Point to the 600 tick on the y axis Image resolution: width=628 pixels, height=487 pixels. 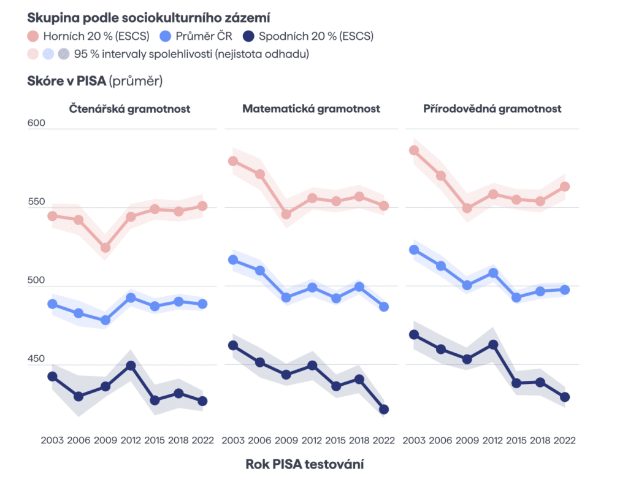click(37, 124)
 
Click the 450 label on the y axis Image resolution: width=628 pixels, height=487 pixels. click(37, 359)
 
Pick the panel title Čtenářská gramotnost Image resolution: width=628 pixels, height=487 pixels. click(129, 109)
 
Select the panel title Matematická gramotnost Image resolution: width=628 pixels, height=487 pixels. click(311, 109)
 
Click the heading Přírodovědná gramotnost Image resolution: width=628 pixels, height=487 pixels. click(492, 109)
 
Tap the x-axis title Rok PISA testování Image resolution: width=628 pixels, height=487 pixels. click(305, 464)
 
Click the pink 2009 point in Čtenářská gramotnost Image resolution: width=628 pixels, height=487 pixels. click(105, 248)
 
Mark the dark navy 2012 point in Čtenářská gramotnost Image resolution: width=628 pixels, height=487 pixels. click(131, 366)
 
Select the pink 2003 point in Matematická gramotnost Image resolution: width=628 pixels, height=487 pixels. click(233, 161)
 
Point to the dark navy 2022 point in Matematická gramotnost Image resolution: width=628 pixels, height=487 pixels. click(385, 409)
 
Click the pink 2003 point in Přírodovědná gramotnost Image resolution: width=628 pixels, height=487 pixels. click(414, 150)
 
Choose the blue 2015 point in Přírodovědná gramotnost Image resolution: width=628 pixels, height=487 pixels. click(516, 297)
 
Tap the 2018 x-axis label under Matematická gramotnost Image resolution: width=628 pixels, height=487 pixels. click(359, 440)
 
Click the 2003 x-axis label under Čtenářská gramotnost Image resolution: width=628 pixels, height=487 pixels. click(53, 440)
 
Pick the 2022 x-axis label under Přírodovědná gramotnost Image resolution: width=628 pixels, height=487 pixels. click(565, 440)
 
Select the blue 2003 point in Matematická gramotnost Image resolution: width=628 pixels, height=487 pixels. click(233, 260)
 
